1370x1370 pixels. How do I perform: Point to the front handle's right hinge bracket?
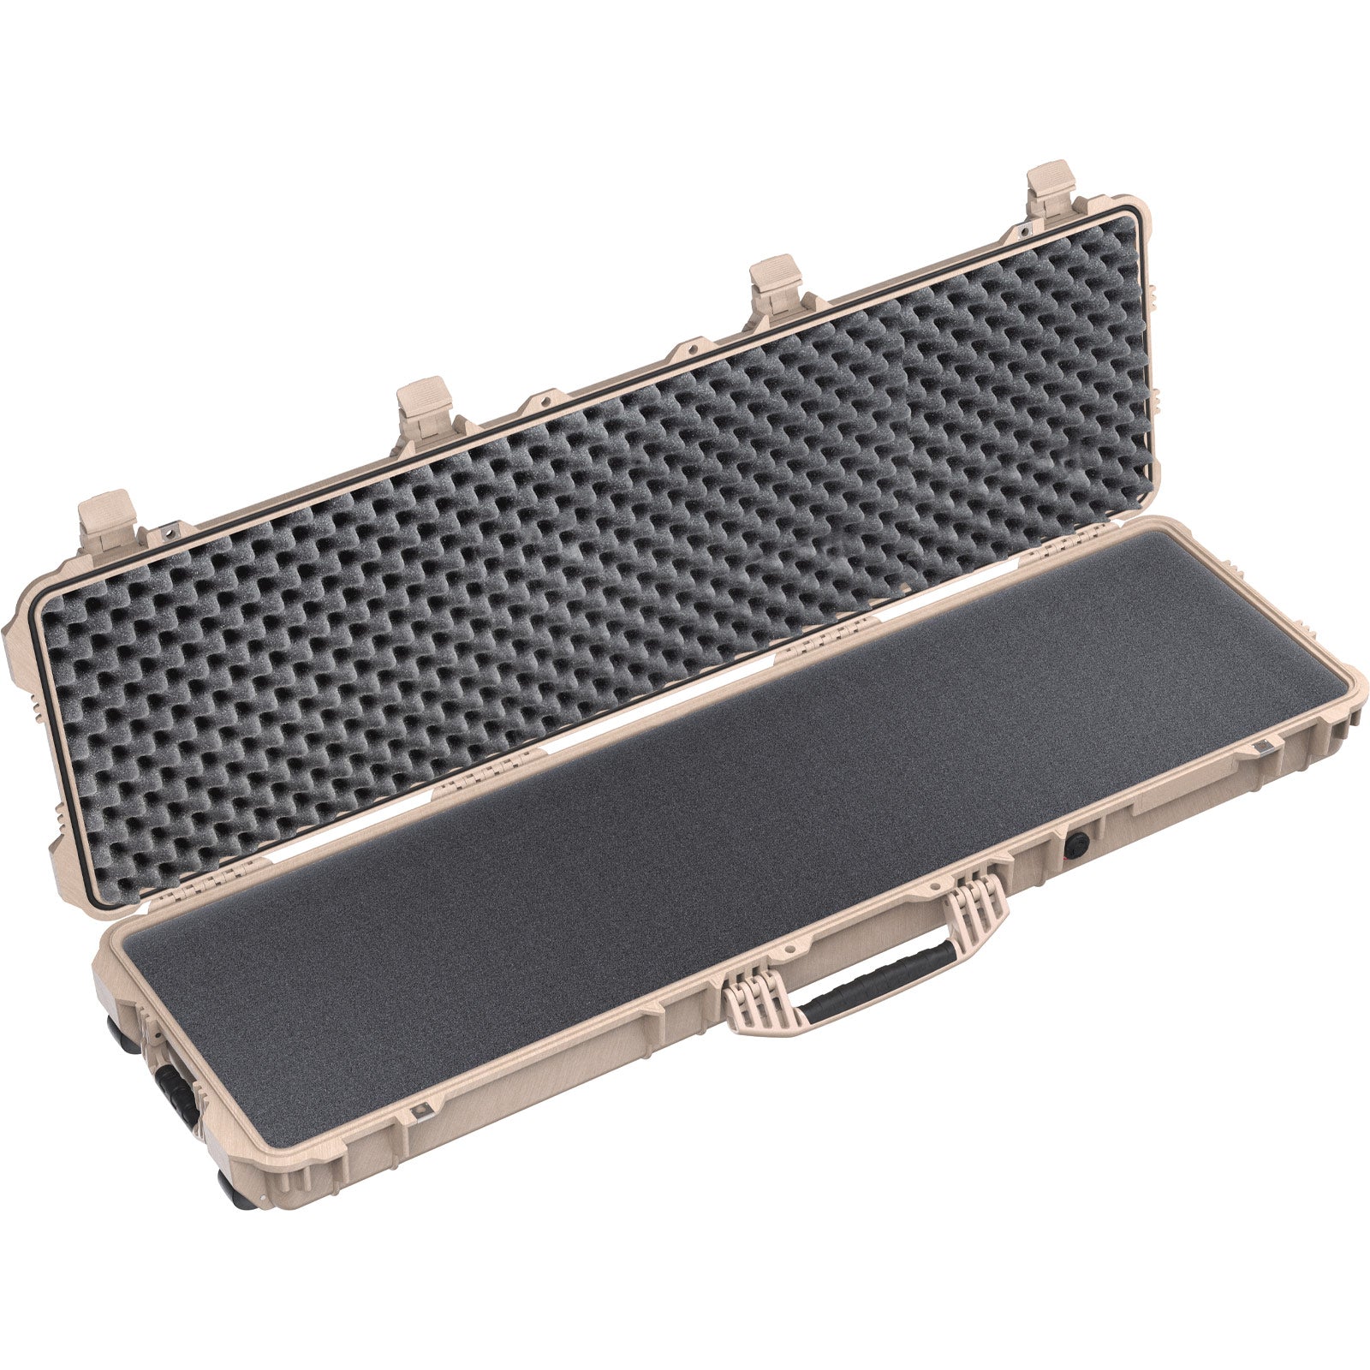coord(975,913)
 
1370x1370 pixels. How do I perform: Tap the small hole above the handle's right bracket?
coord(942,887)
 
